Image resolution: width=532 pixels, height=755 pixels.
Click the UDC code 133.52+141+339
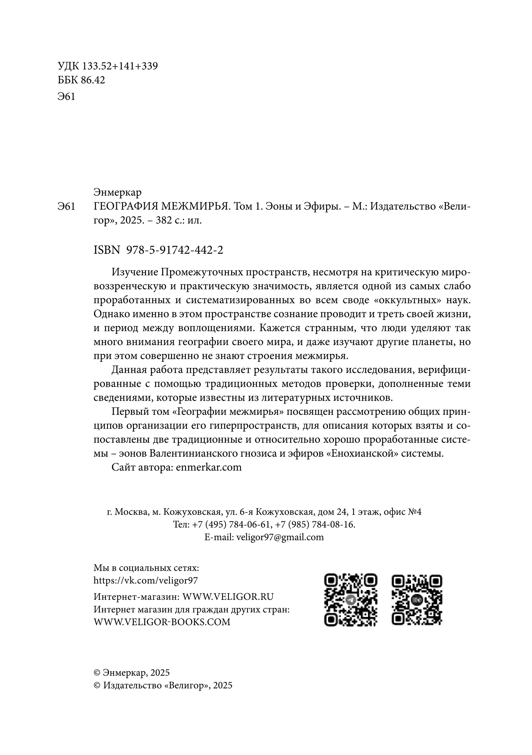(x=120, y=67)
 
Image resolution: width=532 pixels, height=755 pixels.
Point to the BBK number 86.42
(x=93, y=80)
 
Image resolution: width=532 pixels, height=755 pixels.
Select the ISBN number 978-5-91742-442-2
(x=174, y=250)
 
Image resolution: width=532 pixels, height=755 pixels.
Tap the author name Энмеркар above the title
(x=117, y=192)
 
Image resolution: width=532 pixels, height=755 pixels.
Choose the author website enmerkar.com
(x=209, y=467)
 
